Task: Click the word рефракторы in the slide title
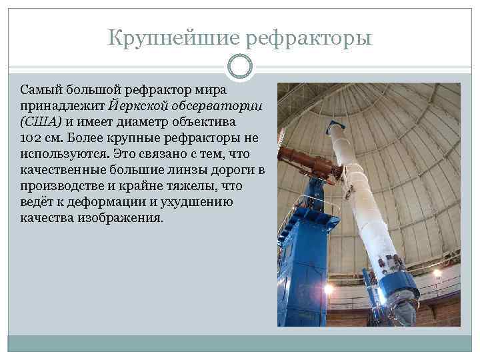coord(309,38)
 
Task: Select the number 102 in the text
coord(31,138)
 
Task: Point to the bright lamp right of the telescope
coord(437,273)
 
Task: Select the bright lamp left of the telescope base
coord(327,289)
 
